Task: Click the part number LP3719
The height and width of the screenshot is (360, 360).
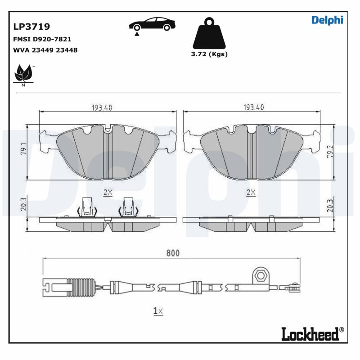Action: [32, 27]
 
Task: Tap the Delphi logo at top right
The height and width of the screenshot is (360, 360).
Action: [327, 20]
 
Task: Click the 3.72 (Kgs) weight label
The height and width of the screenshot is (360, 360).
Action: [210, 54]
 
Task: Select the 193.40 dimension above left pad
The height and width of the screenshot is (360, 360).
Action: [102, 108]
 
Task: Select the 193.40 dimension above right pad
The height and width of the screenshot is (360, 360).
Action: [253, 108]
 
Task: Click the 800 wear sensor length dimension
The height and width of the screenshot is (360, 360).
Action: [172, 253]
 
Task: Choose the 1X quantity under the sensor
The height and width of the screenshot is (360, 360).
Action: [157, 310]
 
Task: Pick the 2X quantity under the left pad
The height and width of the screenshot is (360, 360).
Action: [108, 192]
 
